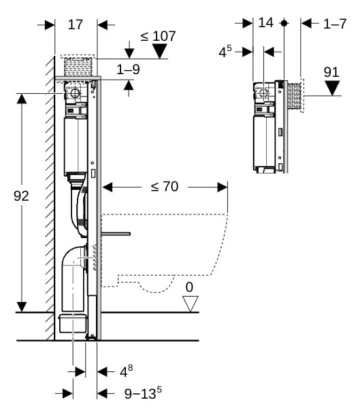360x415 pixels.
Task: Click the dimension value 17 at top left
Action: (x=76, y=25)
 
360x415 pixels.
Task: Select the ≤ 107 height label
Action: (x=158, y=36)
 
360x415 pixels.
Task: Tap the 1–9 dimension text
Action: (x=129, y=69)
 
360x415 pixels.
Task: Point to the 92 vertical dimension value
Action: (x=21, y=196)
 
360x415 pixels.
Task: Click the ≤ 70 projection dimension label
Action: (x=165, y=186)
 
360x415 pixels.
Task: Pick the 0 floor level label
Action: (x=189, y=287)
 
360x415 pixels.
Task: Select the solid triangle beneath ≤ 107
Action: (x=160, y=51)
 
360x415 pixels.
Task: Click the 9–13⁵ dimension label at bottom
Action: (x=143, y=393)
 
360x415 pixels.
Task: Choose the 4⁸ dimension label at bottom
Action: (x=127, y=371)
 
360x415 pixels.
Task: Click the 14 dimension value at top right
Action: (x=265, y=22)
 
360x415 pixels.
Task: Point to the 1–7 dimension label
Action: (x=335, y=24)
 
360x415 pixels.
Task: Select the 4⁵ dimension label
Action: (x=225, y=51)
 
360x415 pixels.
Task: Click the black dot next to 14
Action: (x=284, y=23)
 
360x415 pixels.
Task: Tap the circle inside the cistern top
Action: (x=75, y=93)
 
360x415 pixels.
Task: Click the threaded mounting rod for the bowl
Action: (x=116, y=234)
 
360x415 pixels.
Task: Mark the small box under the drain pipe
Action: (x=73, y=323)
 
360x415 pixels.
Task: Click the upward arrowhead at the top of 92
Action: (x=22, y=99)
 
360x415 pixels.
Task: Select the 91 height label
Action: (x=331, y=72)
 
